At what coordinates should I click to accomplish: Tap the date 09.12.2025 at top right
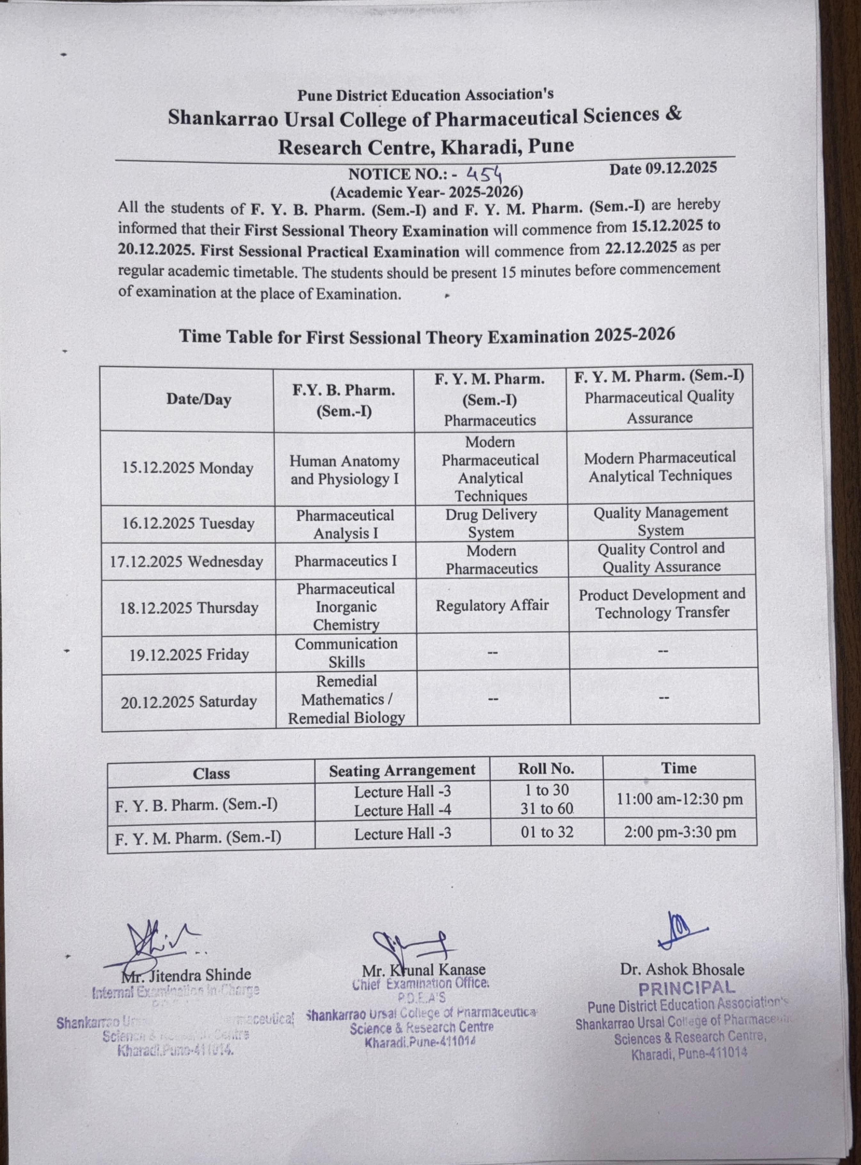663,168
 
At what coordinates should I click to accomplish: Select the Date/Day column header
199,400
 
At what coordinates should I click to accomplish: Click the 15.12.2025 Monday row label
187,468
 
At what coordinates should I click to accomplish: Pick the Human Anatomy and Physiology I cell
345,470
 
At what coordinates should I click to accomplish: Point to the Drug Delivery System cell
491,523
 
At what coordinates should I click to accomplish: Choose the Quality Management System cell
660,521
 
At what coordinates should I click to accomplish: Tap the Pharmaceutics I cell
345,561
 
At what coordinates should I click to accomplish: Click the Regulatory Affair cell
492,605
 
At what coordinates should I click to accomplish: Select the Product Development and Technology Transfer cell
662,603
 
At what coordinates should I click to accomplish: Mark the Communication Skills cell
346,653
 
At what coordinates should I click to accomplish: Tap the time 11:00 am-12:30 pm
680,799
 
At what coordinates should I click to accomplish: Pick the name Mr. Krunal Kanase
424,969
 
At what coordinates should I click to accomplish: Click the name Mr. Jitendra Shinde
186,974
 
